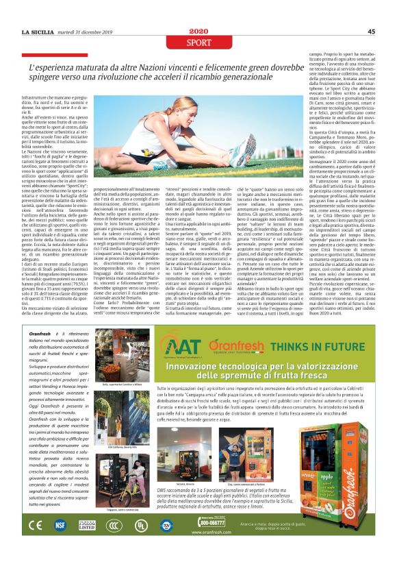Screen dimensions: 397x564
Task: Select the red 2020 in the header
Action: point(199,31)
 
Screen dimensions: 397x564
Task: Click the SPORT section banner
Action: point(198,41)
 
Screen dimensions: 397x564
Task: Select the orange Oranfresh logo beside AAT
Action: point(233,344)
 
